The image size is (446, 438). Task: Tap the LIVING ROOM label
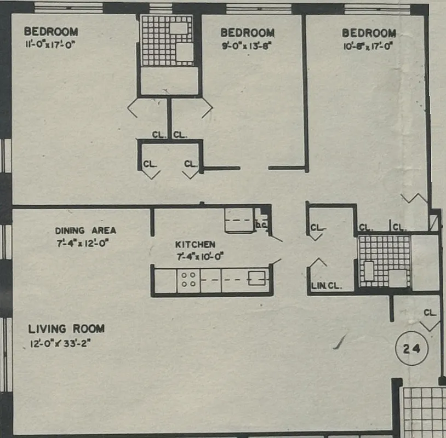tap(66, 329)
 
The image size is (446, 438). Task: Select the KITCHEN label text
tap(195, 244)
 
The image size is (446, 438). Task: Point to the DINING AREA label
tap(85, 230)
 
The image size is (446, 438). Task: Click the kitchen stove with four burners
tap(188, 280)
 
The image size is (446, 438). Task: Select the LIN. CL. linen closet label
tap(326, 285)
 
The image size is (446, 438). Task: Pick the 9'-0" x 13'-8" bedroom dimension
tap(247, 45)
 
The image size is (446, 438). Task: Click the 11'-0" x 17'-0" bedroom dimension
tap(49, 44)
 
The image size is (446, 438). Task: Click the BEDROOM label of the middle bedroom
tap(247, 33)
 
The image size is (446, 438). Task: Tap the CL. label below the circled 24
tap(430, 313)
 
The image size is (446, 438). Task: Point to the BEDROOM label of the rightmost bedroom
tap(369, 33)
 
